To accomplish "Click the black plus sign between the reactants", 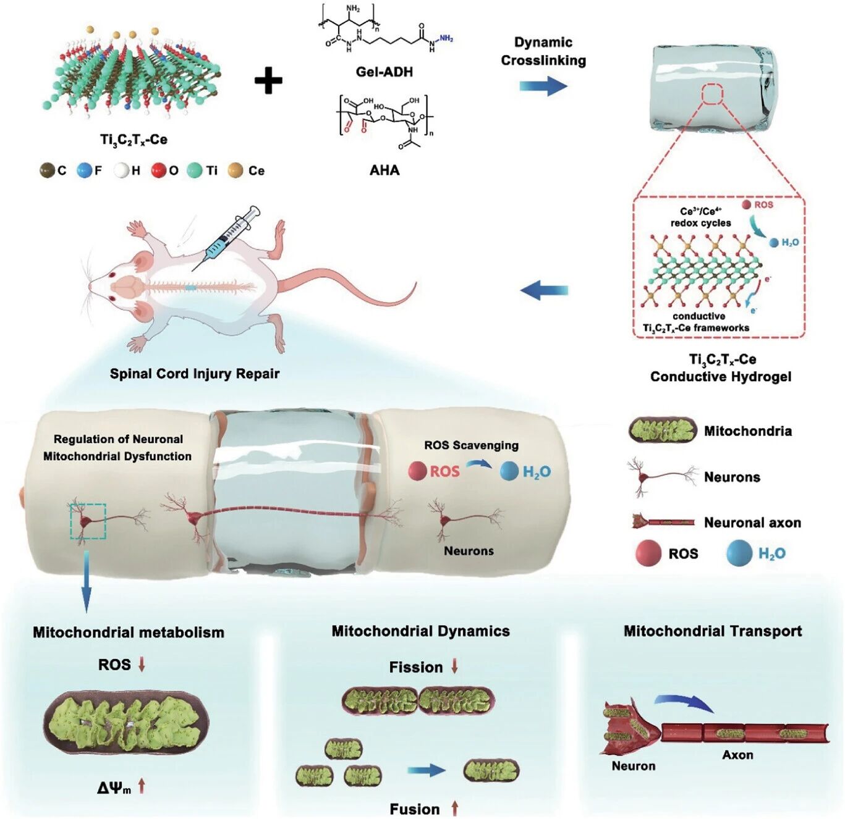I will pyautogui.click(x=269, y=80).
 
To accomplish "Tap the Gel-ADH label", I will pyautogui.click(x=384, y=72).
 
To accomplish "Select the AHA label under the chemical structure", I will pyautogui.click(x=384, y=170).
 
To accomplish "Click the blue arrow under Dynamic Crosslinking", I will pyautogui.click(x=543, y=85).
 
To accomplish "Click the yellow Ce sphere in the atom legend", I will pyautogui.click(x=236, y=170).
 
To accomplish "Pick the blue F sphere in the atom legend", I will pyautogui.click(x=85, y=170).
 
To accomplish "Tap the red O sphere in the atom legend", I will pyautogui.click(x=159, y=170).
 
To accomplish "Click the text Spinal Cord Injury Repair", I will pyautogui.click(x=195, y=374).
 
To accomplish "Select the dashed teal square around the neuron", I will pyautogui.click(x=88, y=521).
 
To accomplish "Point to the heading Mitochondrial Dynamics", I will pyautogui.click(x=420, y=631).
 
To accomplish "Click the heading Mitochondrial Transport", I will pyautogui.click(x=713, y=631).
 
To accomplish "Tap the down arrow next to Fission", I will pyautogui.click(x=455, y=667).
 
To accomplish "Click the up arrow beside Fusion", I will pyautogui.click(x=455, y=808).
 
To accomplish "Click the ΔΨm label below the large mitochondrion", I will pyautogui.click(x=115, y=787).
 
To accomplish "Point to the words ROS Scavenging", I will pyautogui.click(x=471, y=445).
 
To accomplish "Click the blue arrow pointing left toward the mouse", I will pyautogui.click(x=545, y=290).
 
